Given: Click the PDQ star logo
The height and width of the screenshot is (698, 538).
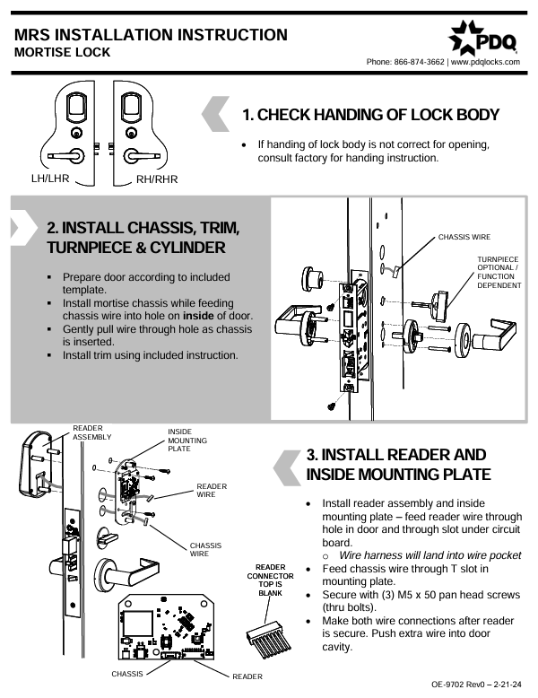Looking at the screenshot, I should click(465, 36).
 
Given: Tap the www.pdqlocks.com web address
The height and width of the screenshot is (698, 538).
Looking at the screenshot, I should click(485, 62).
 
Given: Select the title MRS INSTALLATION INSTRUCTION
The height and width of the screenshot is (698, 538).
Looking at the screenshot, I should click(151, 35).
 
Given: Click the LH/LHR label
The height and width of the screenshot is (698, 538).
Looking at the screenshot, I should click(50, 177).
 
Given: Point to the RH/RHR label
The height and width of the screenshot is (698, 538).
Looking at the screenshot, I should click(157, 179).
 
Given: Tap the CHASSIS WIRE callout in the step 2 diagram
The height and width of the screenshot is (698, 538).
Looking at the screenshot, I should click(464, 238).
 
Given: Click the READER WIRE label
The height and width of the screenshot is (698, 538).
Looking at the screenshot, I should click(212, 490).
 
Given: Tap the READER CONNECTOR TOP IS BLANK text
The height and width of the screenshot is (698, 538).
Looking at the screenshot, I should click(270, 580).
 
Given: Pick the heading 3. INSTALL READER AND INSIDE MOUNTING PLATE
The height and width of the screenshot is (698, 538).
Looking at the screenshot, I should click(398, 464).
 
